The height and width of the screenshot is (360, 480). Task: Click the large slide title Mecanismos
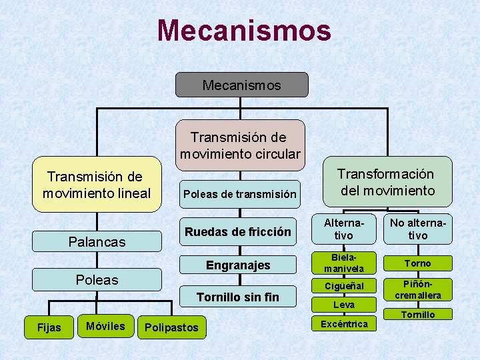point(244,31)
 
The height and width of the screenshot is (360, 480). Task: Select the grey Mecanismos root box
point(241,85)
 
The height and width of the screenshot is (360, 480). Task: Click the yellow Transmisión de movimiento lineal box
point(97,185)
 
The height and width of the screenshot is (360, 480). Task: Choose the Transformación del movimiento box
point(386,181)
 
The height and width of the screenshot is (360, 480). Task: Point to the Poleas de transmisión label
point(239,195)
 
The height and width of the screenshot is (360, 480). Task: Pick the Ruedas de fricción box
point(238,232)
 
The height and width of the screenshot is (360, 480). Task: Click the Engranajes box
point(238,265)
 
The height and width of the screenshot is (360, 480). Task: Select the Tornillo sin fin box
point(238,297)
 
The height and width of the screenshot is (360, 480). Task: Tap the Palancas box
point(97,241)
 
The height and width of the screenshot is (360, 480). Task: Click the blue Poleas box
point(97,279)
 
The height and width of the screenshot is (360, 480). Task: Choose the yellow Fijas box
point(49,327)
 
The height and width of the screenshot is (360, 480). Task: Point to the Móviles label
point(105,326)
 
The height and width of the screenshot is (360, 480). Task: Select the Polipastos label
point(171,327)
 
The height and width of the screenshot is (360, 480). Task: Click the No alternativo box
point(418,229)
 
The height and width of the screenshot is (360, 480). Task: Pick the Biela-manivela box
point(344,263)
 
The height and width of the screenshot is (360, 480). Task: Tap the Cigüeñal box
point(344,286)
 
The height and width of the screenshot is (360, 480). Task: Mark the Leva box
point(344,305)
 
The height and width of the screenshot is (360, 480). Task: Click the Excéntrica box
point(344,323)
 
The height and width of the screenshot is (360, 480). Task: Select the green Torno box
point(418,263)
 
